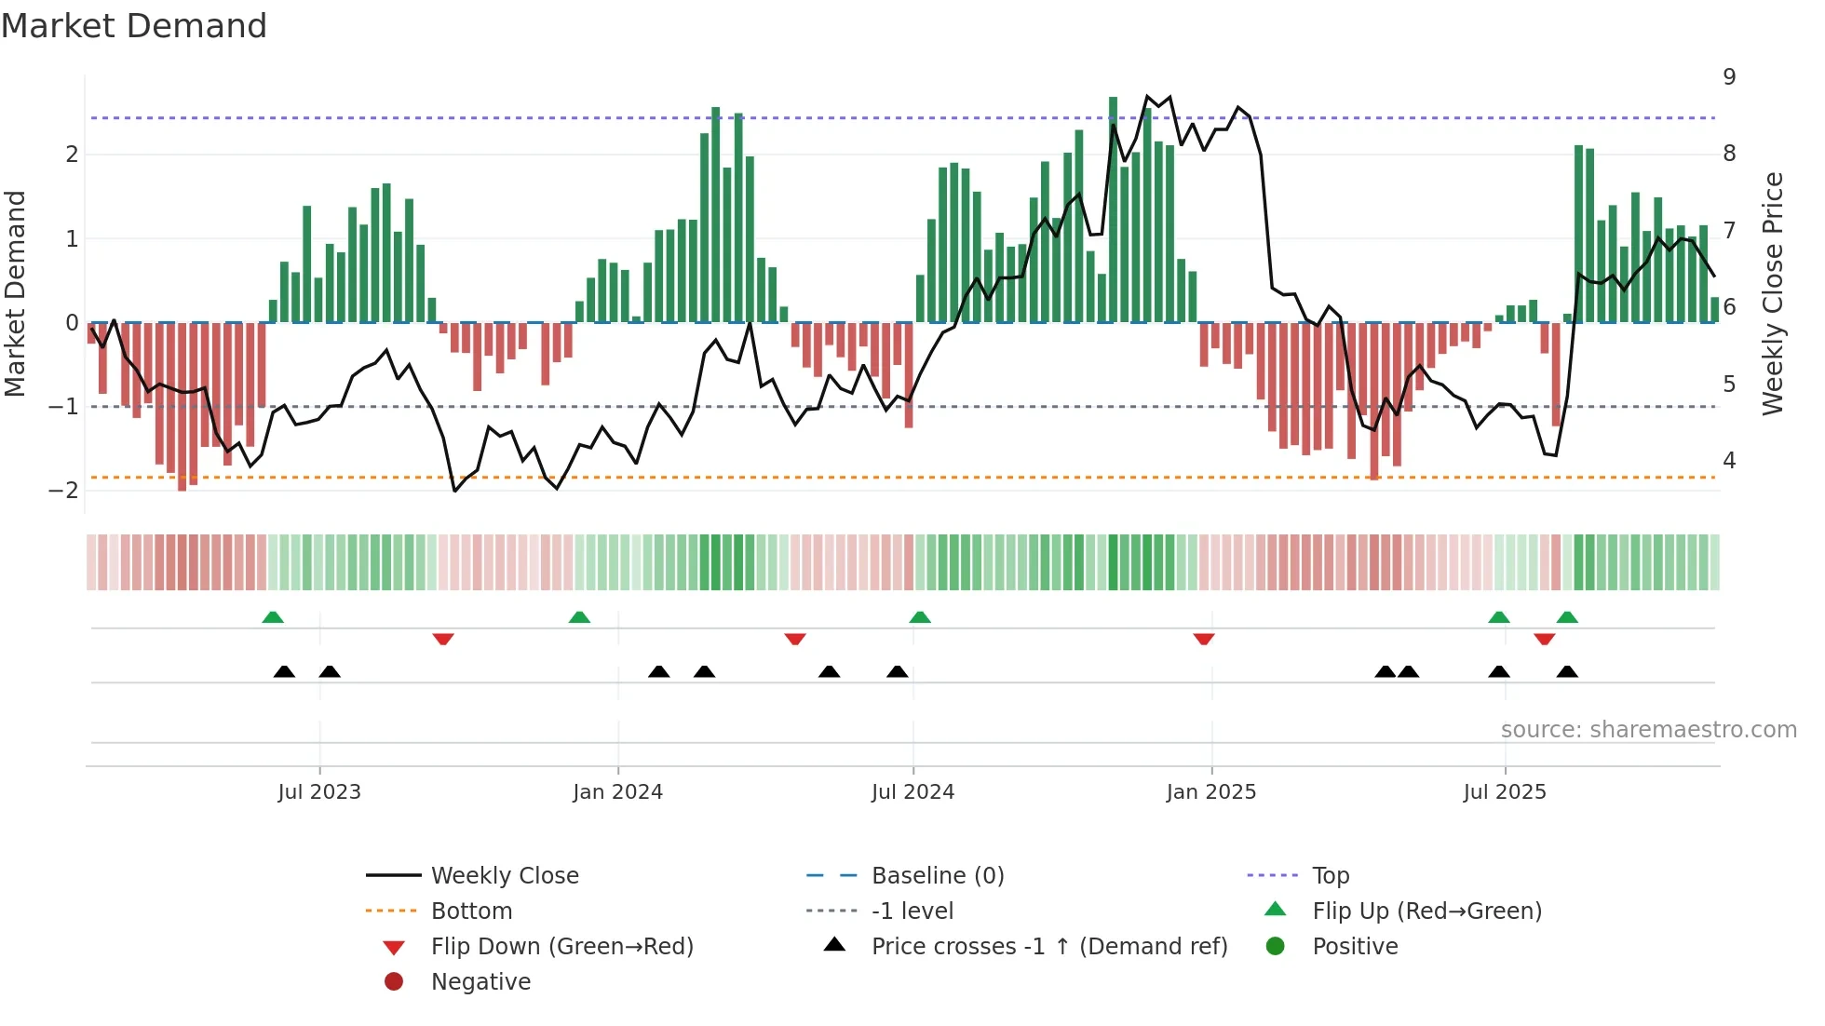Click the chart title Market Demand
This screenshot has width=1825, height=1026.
click(x=134, y=26)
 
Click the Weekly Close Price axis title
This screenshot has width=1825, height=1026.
click(x=1773, y=293)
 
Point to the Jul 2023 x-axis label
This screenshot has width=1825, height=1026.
click(x=319, y=792)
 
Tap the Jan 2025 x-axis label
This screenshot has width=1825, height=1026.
click(x=1210, y=792)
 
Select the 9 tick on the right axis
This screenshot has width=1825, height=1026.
click(x=1729, y=77)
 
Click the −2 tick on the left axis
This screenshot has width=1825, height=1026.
click(x=64, y=491)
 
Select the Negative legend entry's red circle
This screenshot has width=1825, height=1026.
click(x=394, y=982)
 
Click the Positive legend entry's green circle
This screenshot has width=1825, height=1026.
click(x=1276, y=947)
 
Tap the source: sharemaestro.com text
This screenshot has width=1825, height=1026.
click(x=1648, y=730)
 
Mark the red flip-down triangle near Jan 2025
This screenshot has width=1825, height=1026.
click(x=1204, y=639)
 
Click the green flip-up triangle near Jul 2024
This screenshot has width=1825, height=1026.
click(x=920, y=617)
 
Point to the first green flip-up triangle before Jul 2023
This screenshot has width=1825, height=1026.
click(x=273, y=617)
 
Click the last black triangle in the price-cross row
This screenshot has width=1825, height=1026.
click(x=1567, y=672)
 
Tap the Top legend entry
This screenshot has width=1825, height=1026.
click(x=1330, y=876)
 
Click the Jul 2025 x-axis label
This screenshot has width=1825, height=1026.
click(x=1505, y=792)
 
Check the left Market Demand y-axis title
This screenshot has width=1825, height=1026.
click(x=16, y=293)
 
